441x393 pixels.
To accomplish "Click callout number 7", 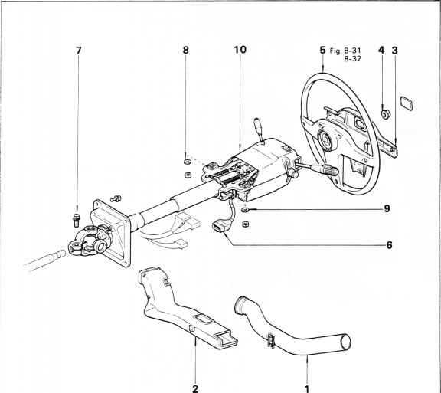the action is (79, 51).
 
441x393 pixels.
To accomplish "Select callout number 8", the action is (185, 50).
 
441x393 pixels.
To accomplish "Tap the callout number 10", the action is (240, 50).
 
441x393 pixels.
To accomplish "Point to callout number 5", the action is (322, 50).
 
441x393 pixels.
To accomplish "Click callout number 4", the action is (381, 50).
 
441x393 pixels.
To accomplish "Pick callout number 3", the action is (395, 51).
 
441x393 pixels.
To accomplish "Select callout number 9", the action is (387, 209).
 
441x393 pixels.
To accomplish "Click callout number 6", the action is (389, 245).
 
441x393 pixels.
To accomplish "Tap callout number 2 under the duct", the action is (195, 388).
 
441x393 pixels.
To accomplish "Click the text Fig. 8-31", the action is (345, 51).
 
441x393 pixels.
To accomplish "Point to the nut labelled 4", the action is (384, 114).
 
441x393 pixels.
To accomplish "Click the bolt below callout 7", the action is (77, 220).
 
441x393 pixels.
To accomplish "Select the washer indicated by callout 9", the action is (245, 210).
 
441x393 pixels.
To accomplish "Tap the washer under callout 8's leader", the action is (187, 162).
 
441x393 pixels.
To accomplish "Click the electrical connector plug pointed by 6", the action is (219, 226).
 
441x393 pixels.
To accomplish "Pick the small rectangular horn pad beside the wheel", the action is (407, 103).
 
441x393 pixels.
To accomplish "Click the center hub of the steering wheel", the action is (326, 139).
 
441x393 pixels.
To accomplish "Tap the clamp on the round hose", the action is (270, 341).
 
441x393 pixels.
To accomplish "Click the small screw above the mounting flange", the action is (116, 198).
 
